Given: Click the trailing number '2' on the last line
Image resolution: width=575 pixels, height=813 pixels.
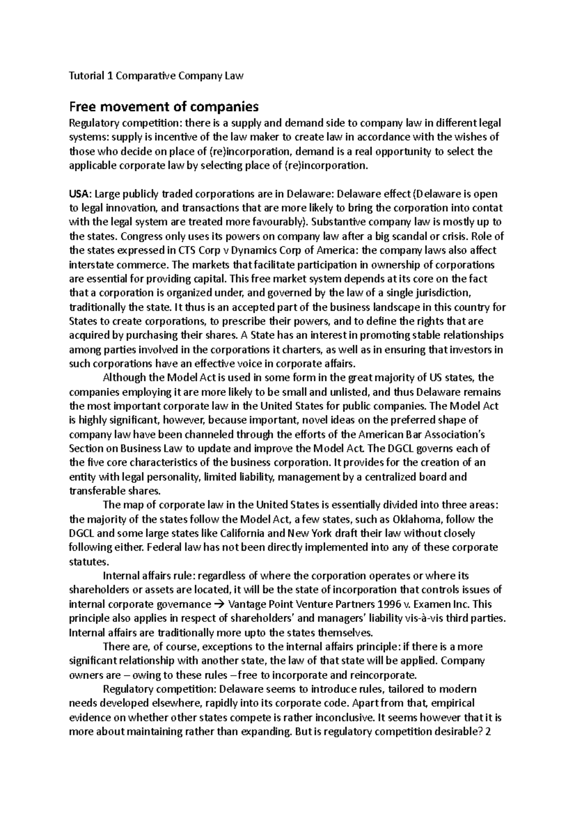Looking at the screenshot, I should point(488,732).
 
